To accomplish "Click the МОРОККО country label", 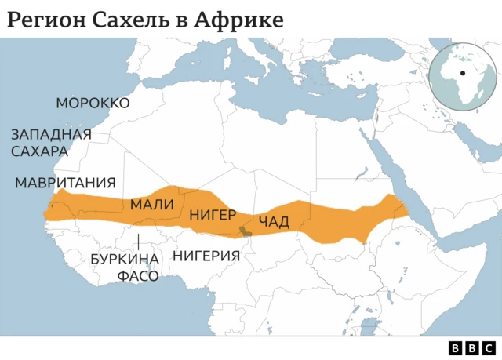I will click(93, 104).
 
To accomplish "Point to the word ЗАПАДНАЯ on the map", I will click(51, 134).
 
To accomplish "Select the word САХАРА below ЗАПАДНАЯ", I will click(39, 151).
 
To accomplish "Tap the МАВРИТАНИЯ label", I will click(65, 183).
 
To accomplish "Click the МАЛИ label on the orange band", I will click(152, 205).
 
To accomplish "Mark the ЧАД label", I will click(273, 220).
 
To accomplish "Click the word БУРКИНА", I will click(125, 259).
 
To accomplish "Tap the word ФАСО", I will click(138, 275).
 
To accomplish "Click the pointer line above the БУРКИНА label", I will click(138, 240).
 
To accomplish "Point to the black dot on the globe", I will click(463, 74).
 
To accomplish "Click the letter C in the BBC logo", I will click(488, 348).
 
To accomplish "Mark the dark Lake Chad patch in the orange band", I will click(246, 231).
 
